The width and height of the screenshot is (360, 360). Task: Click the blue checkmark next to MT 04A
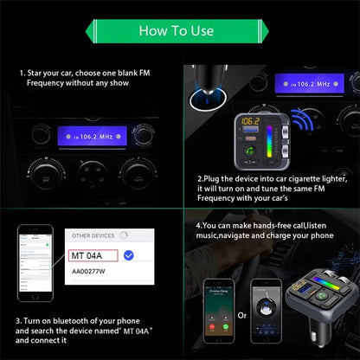click(x=129, y=255)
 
